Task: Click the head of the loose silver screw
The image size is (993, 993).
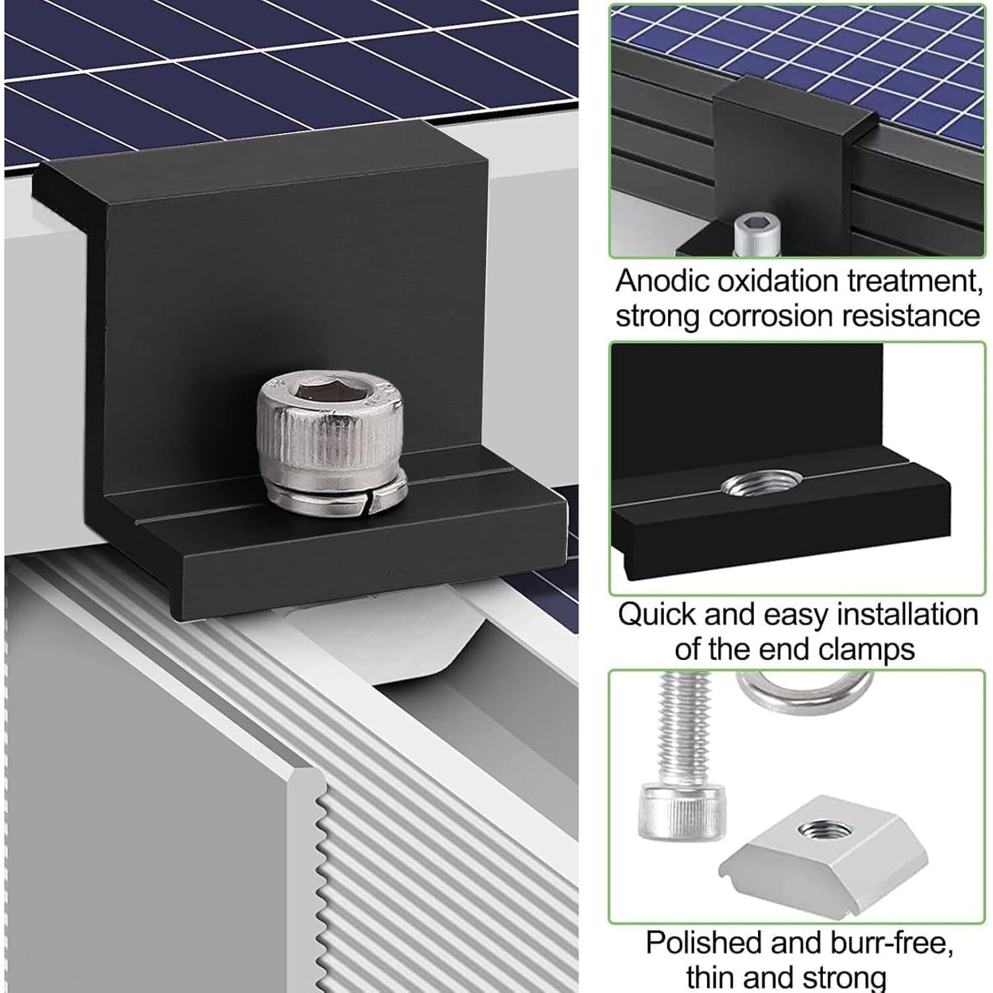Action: pyautogui.click(x=681, y=812)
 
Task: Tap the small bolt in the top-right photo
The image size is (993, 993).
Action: pyautogui.click(x=756, y=233)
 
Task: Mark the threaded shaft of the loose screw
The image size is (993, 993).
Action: pyautogui.click(x=685, y=728)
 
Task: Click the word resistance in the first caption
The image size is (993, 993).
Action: pyautogui.click(x=911, y=316)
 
